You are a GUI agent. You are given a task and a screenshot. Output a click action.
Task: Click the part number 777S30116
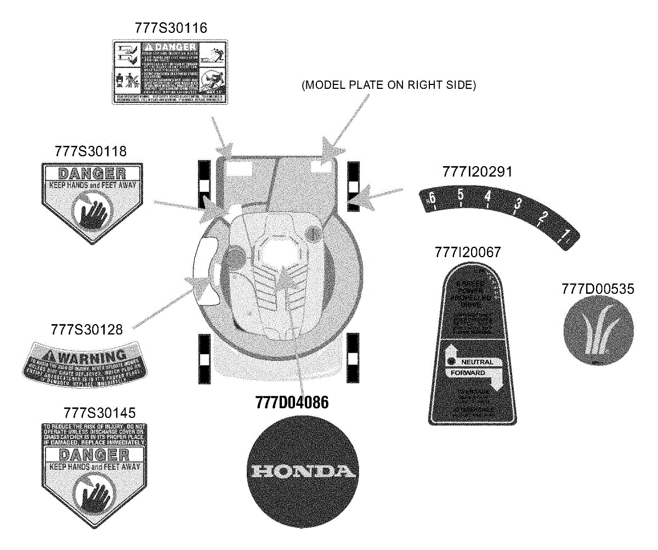tap(171, 28)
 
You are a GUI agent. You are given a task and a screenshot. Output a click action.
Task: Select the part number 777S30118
tap(90, 151)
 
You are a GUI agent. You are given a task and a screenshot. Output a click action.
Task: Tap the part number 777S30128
tap(86, 329)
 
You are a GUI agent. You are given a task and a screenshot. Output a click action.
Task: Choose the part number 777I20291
tap(477, 172)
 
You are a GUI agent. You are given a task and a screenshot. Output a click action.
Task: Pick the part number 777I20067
tap(467, 252)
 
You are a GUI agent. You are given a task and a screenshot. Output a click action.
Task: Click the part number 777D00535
tap(598, 288)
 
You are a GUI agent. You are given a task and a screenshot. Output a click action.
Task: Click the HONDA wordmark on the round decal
tap(299, 472)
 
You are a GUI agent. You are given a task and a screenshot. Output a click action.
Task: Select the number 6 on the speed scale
tap(432, 198)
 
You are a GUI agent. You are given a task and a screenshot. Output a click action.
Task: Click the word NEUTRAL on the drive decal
tap(477, 362)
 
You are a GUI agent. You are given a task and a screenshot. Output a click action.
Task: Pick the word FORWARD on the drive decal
tap(468, 373)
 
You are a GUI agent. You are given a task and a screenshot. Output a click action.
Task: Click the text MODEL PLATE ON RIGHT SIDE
tap(389, 86)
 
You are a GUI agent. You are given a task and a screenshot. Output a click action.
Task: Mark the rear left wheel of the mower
tap(204, 359)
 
